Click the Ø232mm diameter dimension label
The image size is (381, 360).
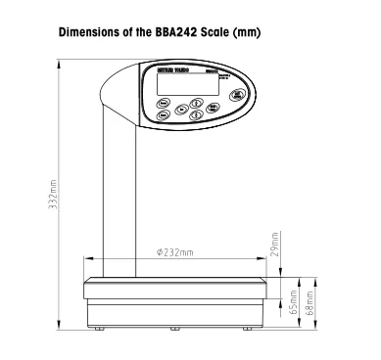[x=174, y=252]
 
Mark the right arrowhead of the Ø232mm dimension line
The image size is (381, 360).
[x=262, y=260]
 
